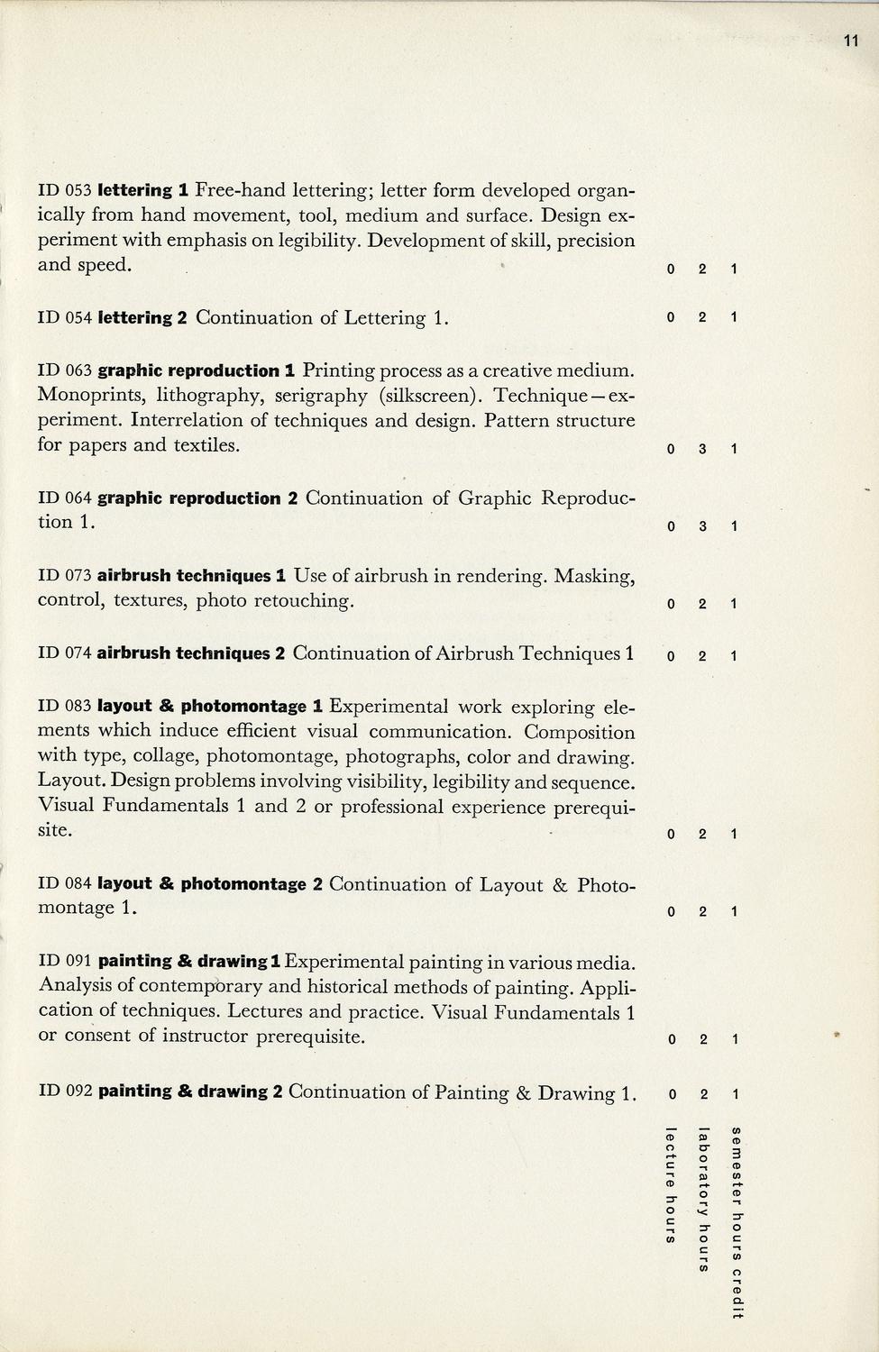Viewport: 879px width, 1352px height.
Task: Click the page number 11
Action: (851, 41)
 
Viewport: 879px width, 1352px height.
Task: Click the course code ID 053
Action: (65, 191)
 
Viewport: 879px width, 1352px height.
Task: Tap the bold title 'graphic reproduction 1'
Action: (197, 370)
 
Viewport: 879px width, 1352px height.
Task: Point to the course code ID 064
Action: (65, 498)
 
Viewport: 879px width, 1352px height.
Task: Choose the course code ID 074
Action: (65, 653)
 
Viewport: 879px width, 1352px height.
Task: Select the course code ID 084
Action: (65, 884)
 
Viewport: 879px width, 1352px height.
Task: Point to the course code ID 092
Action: (66, 1092)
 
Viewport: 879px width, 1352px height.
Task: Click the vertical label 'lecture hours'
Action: (670, 1184)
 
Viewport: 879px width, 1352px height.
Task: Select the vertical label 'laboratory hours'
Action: (704, 1199)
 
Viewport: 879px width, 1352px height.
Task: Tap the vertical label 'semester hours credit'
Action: (737, 1222)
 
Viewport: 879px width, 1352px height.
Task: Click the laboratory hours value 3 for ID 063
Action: (702, 449)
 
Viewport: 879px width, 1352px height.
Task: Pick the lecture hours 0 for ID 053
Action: (671, 269)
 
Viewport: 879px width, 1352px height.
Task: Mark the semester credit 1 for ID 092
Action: (736, 1095)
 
